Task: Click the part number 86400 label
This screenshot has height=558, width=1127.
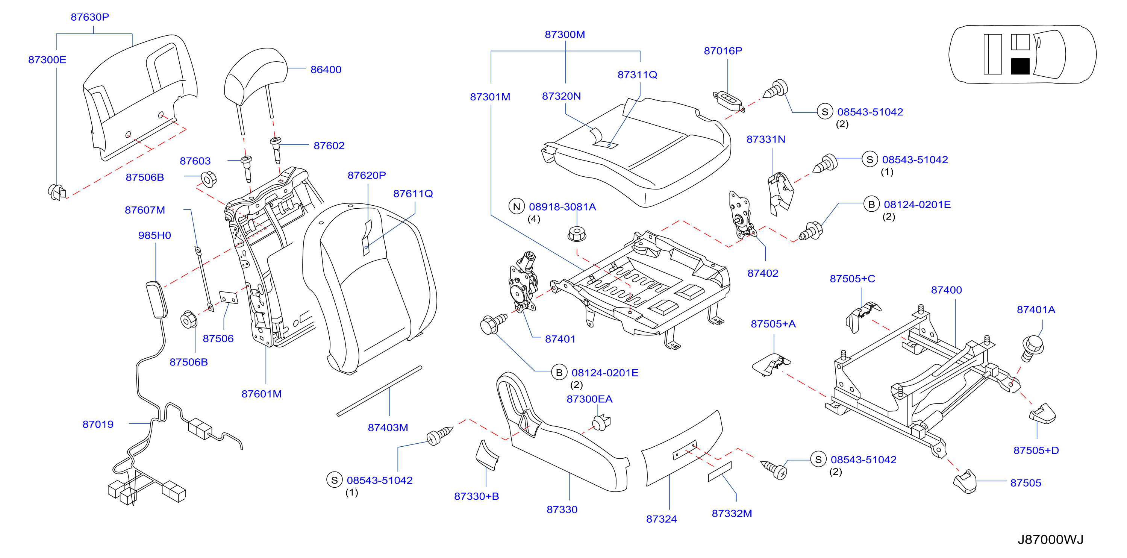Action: click(326, 70)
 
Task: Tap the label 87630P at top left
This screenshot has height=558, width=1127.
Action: click(90, 17)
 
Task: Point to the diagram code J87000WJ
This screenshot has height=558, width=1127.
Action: click(1050, 540)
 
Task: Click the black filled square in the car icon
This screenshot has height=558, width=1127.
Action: click(1020, 67)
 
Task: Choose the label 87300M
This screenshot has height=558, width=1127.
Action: click(564, 35)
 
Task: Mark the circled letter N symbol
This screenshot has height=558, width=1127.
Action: click(517, 206)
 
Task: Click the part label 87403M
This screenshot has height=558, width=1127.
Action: click(388, 428)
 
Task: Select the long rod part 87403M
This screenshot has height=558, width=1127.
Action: click(379, 391)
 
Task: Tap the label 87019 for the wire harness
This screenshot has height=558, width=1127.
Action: click(98, 424)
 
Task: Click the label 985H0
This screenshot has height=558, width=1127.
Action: click(155, 235)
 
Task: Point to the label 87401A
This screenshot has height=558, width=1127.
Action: click(1036, 310)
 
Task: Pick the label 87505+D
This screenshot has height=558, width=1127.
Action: click(1036, 450)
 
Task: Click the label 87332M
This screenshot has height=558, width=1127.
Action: click(732, 513)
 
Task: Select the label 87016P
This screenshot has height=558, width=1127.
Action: click(723, 51)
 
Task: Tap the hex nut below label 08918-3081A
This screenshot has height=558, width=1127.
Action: click(577, 234)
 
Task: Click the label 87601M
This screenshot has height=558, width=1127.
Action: click(262, 394)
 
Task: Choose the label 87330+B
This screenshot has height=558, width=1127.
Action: click(476, 496)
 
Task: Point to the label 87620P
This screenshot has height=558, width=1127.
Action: click(367, 176)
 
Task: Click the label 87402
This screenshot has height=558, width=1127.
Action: click(763, 273)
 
